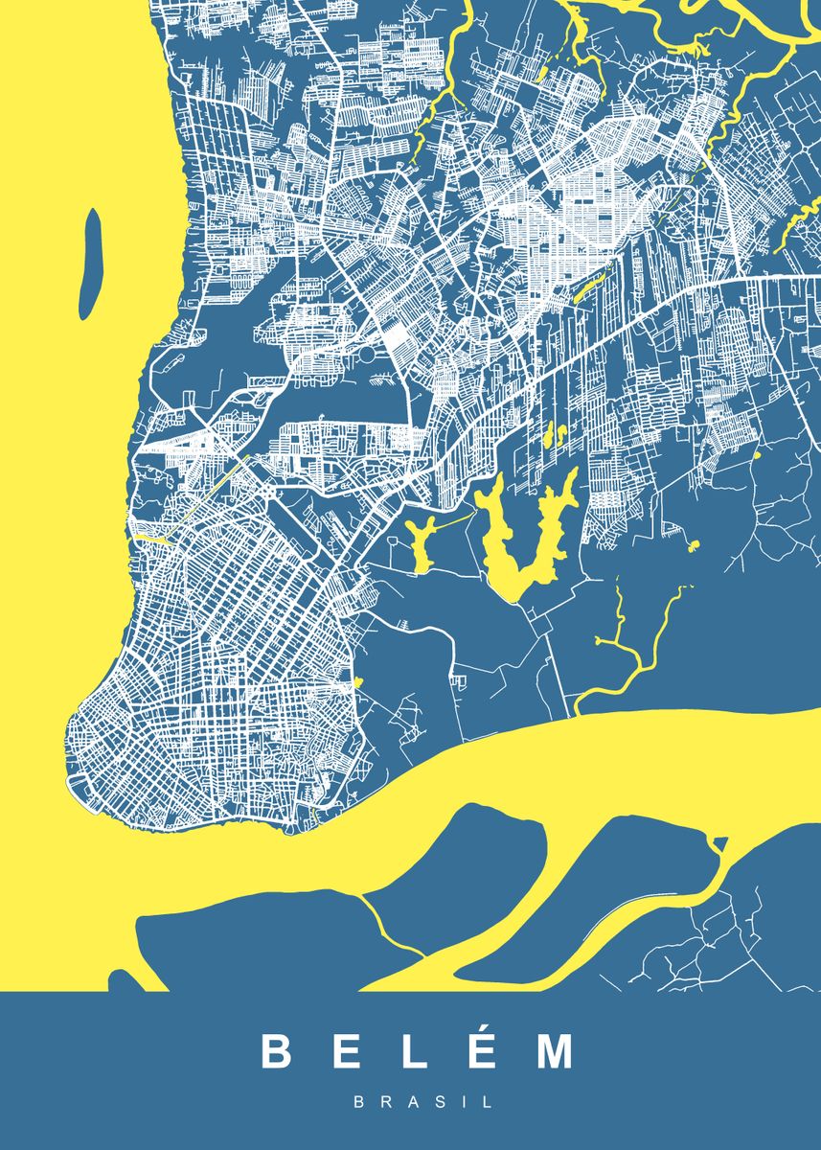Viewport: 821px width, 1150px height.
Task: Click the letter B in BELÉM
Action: tap(276, 1051)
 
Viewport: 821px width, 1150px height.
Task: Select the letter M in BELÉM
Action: tap(555, 1051)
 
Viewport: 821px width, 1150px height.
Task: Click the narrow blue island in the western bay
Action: tap(90, 264)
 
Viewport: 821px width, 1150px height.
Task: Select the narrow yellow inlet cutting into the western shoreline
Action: tap(148, 538)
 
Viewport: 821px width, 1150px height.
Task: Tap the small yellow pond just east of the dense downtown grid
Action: tap(358, 682)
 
